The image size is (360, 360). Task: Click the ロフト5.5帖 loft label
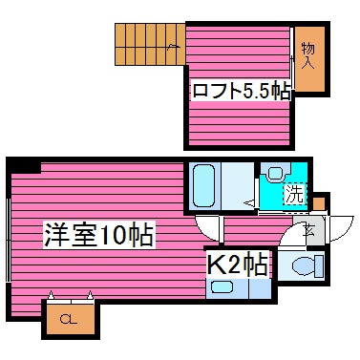pos(240,92)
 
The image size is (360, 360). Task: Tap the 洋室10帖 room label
pos(99,233)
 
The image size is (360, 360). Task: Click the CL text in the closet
pos(69,319)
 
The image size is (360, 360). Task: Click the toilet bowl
pos(304,265)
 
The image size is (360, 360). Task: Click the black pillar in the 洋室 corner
pos(28,167)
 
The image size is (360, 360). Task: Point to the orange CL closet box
pos(69,318)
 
